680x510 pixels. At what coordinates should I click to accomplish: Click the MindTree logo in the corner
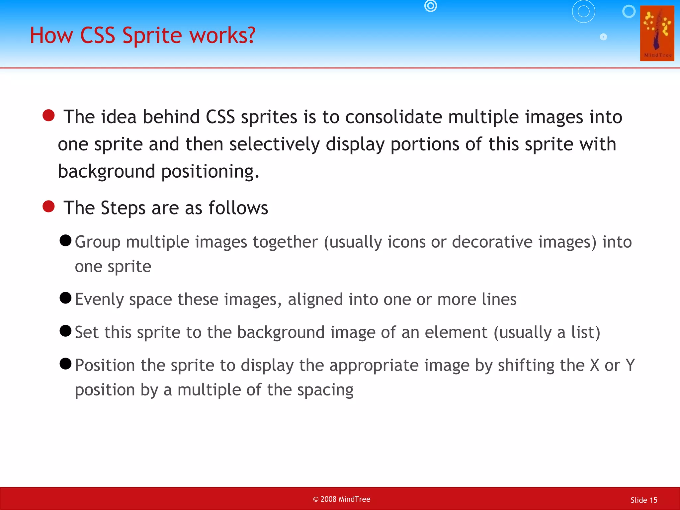pyautogui.click(x=657, y=33)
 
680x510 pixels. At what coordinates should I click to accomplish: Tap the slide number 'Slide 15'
pyautogui.click(x=643, y=500)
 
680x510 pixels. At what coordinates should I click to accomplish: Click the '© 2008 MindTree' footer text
pyautogui.click(x=341, y=499)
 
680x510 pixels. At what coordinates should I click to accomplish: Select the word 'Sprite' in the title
pyautogui.click(x=152, y=36)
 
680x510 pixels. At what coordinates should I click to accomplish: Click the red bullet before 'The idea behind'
pyautogui.click(x=48, y=116)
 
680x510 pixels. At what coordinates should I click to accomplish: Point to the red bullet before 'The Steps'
pyautogui.click(x=48, y=206)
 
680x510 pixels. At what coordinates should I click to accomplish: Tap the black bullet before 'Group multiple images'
pyautogui.click(x=65, y=240)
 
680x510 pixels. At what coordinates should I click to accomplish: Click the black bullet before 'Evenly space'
pyautogui.click(x=65, y=298)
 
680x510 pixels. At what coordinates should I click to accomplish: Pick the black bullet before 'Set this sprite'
pyautogui.click(x=65, y=331)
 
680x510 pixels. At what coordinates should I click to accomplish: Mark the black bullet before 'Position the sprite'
pyautogui.click(x=65, y=364)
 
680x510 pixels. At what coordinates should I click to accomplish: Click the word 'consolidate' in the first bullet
pyautogui.click(x=393, y=117)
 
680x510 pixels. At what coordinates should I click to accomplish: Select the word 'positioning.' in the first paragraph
pyautogui.click(x=210, y=172)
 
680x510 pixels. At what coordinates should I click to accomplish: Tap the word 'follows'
pyautogui.click(x=238, y=208)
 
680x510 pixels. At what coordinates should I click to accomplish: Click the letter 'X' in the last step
pyautogui.click(x=595, y=365)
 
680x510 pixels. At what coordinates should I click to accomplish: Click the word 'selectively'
pyautogui.click(x=274, y=145)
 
